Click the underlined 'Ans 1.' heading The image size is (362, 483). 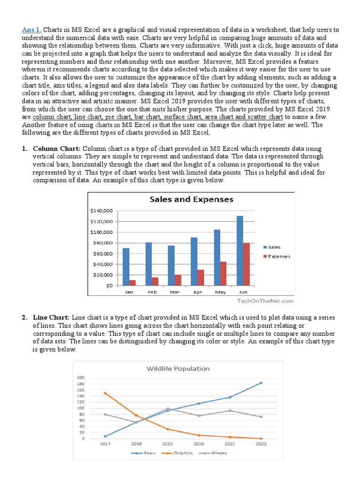[x=31, y=30]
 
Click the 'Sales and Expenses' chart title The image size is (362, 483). [x=191, y=200]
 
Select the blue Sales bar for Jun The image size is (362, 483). [x=240, y=250]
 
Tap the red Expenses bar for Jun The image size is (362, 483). [x=247, y=264]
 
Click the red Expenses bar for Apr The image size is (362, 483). [x=201, y=277]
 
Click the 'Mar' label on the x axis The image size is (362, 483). [x=174, y=292]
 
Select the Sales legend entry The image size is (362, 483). [x=273, y=247]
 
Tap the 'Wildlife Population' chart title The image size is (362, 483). [x=178, y=368]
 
